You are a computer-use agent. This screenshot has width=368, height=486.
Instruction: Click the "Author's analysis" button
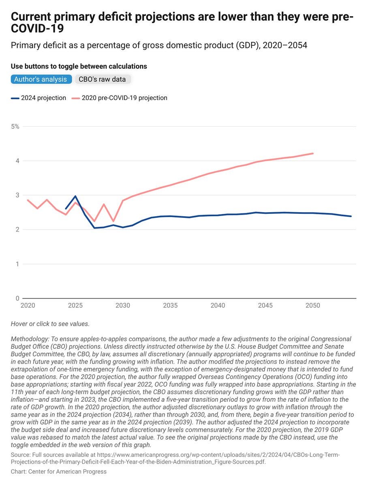click(41, 79)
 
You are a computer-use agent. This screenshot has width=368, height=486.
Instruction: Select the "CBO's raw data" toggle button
click(102, 79)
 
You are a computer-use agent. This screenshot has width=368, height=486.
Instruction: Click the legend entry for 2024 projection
click(39, 98)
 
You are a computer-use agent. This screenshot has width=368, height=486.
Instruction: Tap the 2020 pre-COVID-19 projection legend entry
click(120, 98)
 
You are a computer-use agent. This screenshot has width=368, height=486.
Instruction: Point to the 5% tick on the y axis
click(15, 126)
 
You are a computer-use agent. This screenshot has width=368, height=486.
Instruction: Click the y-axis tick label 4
click(17, 161)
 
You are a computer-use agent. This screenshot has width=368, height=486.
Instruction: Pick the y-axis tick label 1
click(17, 264)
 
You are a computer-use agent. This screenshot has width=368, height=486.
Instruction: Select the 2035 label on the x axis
click(170, 305)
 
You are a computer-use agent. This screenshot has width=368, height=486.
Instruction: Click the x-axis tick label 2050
click(313, 305)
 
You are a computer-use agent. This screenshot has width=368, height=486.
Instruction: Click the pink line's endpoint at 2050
click(313, 153)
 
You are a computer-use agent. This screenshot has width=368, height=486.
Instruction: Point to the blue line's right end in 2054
click(351, 216)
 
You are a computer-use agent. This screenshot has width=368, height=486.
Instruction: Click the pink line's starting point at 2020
click(28, 200)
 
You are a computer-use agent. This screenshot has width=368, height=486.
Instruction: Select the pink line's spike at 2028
click(104, 204)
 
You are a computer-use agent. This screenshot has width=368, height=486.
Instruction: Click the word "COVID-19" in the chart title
click(38, 30)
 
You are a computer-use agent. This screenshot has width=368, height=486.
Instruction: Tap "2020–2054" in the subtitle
click(285, 45)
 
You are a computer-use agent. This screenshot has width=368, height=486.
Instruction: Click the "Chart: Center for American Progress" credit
click(59, 471)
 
